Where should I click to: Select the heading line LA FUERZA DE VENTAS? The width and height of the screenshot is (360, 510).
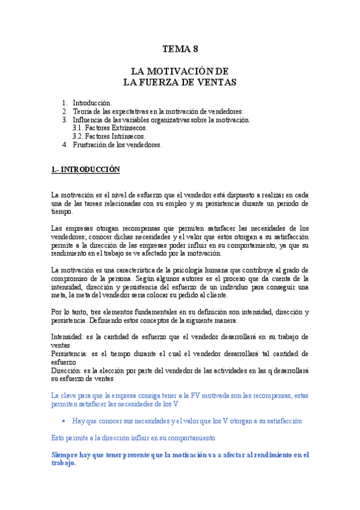pyautogui.click(x=180, y=81)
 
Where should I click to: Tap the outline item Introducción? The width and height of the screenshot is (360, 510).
pyautogui.click(x=92, y=103)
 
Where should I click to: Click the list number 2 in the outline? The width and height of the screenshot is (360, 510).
pyautogui.click(x=65, y=111)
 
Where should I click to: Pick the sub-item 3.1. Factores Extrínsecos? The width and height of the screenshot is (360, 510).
pyautogui.click(x=109, y=128)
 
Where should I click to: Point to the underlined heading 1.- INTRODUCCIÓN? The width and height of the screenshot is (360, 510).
pyautogui.click(x=85, y=170)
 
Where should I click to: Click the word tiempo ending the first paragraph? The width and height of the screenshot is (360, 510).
pyautogui.click(x=61, y=212)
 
